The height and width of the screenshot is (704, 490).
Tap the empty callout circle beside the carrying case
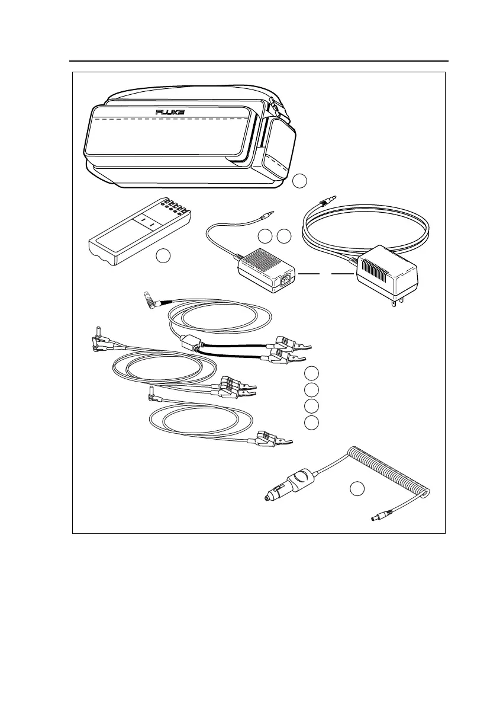point(301,180)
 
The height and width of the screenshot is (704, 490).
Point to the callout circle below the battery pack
point(163,256)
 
